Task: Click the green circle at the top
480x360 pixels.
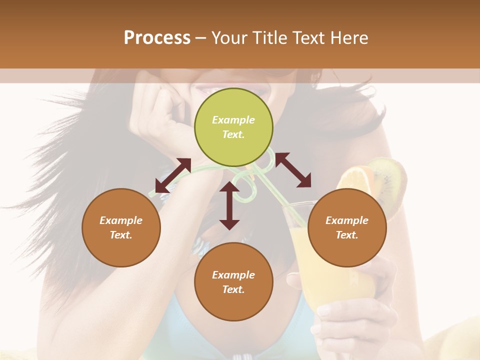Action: (x=233, y=127)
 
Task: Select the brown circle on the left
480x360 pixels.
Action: (x=121, y=227)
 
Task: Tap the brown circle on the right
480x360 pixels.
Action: (x=347, y=227)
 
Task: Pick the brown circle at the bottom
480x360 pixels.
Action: (x=233, y=282)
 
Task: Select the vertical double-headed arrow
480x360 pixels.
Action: (x=229, y=205)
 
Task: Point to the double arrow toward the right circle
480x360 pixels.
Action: (x=293, y=169)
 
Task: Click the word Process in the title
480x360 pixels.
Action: (x=157, y=37)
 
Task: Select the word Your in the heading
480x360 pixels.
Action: (x=228, y=37)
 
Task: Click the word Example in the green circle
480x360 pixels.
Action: (x=233, y=120)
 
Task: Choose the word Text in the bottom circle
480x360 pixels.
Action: (x=233, y=289)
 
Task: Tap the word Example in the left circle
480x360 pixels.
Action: (x=121, y=220)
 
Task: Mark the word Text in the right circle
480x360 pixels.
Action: (x=346, y=235)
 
